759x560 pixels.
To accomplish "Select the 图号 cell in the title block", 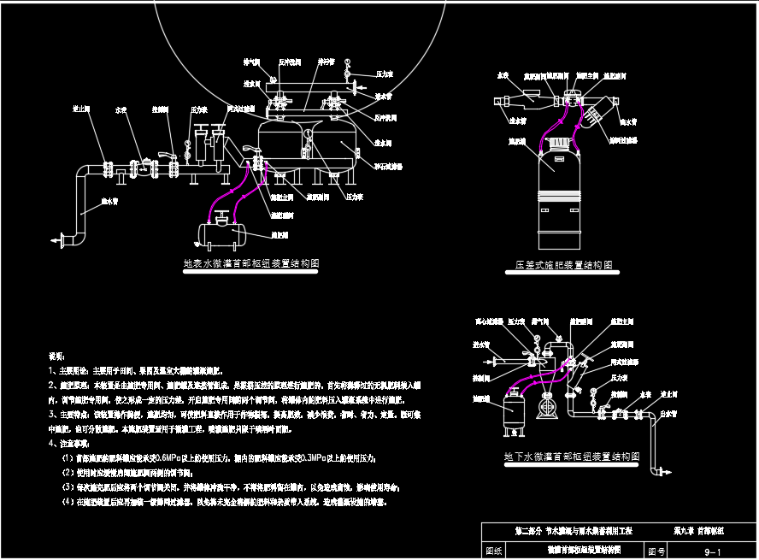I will click(656, 552).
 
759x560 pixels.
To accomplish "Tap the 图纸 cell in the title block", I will click(494, 552).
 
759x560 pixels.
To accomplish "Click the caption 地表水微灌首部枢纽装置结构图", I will click(251, 264).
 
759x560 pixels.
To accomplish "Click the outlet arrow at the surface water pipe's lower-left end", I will click(58, 241).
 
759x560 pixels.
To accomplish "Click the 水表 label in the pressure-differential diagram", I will click(503, 75).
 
